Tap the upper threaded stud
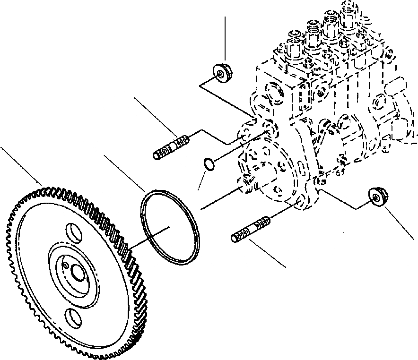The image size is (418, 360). (x=172, y=146)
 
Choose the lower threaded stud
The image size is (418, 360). (x=251, y=229)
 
